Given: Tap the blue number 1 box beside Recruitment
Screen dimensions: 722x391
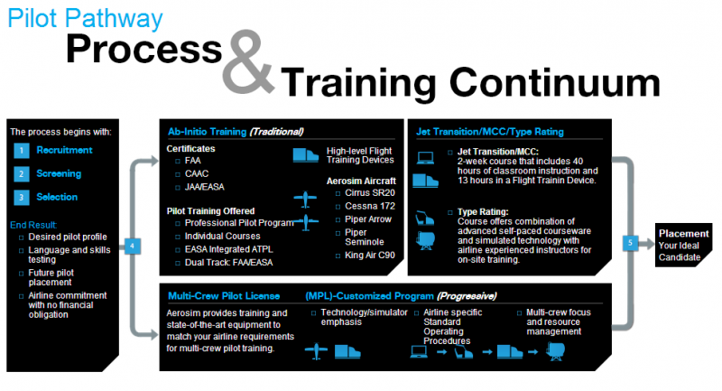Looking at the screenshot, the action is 21,151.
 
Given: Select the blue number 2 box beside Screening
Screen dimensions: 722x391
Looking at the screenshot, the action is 21,174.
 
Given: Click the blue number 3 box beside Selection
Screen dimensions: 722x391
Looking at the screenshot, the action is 21,198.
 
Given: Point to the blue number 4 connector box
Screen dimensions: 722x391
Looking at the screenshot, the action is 133,246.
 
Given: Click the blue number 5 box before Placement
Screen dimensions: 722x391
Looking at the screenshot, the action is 630,243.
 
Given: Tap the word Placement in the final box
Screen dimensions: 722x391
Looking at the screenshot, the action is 683,234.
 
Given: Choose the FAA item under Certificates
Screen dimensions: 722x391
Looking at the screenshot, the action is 192,161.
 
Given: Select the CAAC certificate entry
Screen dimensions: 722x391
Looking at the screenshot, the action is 197,173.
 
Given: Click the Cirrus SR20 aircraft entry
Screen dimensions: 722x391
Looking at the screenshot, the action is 370,193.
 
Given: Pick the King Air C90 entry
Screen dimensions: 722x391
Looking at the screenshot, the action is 370,256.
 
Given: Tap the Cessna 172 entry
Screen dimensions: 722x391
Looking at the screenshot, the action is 370,206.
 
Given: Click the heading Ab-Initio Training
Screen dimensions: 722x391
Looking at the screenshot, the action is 208,132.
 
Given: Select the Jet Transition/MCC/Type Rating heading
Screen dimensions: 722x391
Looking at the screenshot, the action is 490,132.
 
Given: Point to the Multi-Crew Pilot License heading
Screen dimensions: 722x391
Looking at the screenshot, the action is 224,295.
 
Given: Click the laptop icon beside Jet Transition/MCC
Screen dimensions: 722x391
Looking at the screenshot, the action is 425,158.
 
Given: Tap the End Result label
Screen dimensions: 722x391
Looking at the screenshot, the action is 33,225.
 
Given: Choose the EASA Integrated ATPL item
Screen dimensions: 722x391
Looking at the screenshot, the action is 229,249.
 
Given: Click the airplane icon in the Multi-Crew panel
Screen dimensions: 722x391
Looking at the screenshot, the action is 316,351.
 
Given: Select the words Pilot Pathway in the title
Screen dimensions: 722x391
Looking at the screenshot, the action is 85,19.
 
